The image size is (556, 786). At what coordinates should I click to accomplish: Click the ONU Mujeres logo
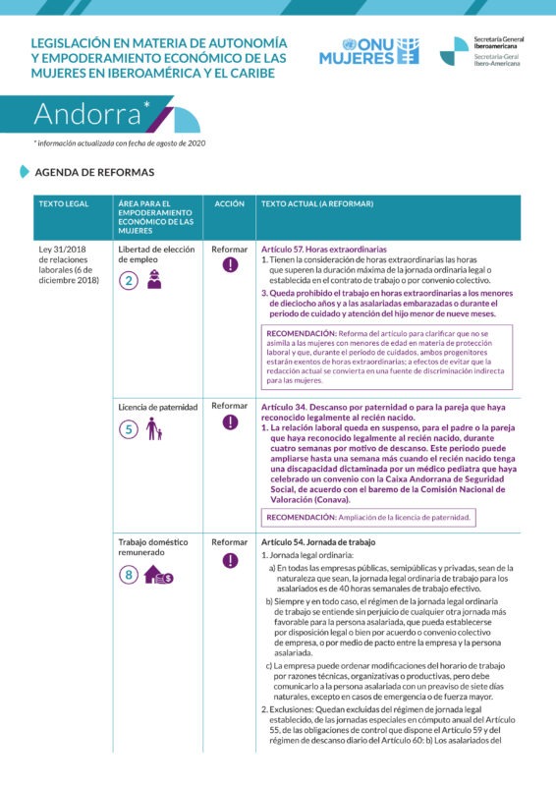click(x=367, y=51)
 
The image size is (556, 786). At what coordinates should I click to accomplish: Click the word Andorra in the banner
click(x=89, y=114)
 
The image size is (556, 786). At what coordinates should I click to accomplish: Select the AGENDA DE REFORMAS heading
click(x=94, y=172)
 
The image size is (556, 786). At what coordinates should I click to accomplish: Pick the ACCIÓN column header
click(x=229, y=203)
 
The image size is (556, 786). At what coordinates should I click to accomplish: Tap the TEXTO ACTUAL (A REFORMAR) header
click(x=317, y=203)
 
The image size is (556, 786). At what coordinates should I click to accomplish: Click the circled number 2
click(x=128, y=281)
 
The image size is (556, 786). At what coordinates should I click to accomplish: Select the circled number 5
click(x=128, y=429)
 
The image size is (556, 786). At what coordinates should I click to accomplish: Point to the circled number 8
click(x=128, y=577)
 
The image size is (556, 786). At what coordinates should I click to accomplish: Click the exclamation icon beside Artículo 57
click(x=230, y=265)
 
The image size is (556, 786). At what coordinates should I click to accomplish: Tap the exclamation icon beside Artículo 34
click(x=230, y=422)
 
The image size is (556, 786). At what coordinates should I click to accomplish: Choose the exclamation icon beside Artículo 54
click(x=230, y=561)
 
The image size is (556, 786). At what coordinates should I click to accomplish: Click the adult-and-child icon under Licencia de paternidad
click(x=153, y=429)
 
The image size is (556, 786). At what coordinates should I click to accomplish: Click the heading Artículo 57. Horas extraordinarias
click(x=324, y=250)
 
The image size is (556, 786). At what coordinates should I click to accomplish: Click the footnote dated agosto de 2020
click(x=120, y=143)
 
